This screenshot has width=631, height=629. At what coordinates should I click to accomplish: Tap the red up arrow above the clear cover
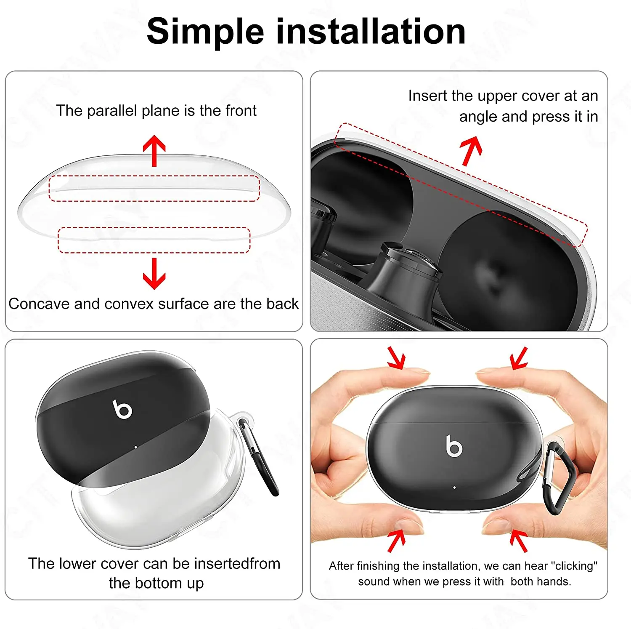click(154, 150)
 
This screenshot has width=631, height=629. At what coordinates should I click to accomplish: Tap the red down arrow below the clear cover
click(154, 273)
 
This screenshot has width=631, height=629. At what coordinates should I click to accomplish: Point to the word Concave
click(39, 304)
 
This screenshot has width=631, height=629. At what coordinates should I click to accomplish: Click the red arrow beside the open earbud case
click(471, 151)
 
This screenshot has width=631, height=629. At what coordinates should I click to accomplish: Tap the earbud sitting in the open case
click(404, 274)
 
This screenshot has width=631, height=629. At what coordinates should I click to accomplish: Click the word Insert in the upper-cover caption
click(428, 96)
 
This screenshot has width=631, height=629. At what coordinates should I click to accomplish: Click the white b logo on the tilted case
click(122, 409)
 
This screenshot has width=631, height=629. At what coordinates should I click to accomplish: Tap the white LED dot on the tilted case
click(135, 447)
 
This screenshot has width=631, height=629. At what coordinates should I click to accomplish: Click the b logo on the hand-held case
click(454, 446)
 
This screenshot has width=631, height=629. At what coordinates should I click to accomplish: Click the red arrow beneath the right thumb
click(519, 541)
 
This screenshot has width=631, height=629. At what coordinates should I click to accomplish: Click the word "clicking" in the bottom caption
click(574, 566)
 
